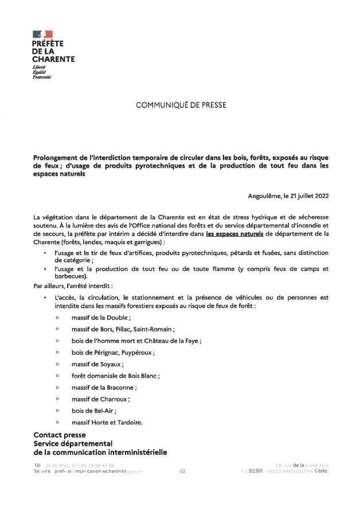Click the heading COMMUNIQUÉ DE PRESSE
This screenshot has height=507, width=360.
pos(181,105)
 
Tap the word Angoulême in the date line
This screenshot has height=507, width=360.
pos(262,196)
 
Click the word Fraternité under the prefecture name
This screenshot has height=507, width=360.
pos(42,77)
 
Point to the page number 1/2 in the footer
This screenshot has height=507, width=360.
pos(182,471)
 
